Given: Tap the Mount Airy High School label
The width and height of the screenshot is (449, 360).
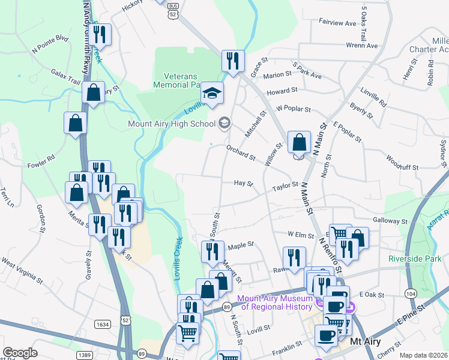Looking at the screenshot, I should pos(172,124).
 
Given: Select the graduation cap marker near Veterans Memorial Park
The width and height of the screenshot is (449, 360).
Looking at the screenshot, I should pos(211,93).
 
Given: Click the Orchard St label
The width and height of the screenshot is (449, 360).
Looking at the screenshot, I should pos(241,154).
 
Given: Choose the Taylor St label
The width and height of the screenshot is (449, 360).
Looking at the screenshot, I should pos(285,185).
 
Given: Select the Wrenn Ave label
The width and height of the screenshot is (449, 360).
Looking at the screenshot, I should pos(363,46).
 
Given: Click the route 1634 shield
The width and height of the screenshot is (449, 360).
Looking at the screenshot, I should pos(102,324).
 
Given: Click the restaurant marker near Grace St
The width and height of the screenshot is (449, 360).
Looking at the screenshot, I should pos(232,60).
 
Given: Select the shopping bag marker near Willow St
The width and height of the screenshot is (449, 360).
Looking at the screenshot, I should pos(299,143).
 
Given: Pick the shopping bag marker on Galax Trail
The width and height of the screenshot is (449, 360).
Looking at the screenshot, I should pos(94,93).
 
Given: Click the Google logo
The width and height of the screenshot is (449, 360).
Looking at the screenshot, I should pos(20,353).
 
